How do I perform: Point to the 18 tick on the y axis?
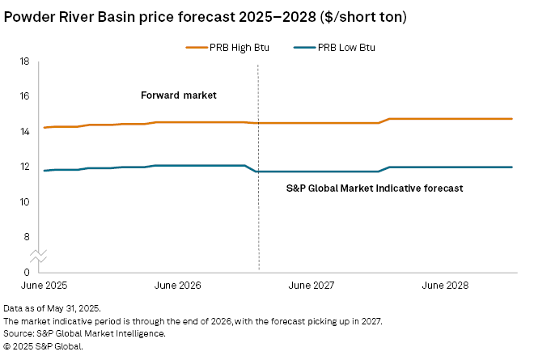point(24,61)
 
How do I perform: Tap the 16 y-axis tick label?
point(24,96)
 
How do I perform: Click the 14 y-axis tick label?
point(24,131)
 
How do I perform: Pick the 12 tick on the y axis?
point(24,167)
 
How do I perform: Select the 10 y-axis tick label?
point(24,201)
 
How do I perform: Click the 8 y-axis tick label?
point(27,237)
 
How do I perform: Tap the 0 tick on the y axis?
point(27,272)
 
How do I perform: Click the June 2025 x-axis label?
point(44,286)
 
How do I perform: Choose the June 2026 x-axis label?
point(177,286)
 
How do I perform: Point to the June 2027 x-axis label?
point(311,286)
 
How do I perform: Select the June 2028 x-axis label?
point(445,286)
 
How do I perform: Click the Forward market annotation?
point(179,95)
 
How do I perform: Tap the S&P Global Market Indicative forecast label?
point(375,188)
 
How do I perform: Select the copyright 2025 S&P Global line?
point(43,345)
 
